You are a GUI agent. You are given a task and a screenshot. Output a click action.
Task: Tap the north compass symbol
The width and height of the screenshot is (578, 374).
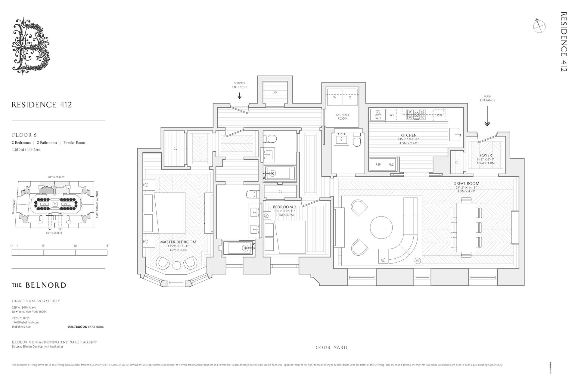[x=539, y=26]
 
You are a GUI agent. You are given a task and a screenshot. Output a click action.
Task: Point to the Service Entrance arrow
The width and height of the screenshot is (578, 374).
[x=240, y=95]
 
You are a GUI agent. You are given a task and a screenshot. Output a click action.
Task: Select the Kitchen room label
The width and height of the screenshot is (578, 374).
[x=408, y=136]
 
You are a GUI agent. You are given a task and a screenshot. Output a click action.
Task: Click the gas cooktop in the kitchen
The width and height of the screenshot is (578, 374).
[x=416, y=114]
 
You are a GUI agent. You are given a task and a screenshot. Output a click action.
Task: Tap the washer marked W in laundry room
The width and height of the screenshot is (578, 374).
[x=334, y=98]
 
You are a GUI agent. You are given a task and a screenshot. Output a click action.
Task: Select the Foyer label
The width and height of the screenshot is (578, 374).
[x=486, y=155]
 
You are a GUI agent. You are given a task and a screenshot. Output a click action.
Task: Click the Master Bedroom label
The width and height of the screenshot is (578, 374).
[x=178, y=242]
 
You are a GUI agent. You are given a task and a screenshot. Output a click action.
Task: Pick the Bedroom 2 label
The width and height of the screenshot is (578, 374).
[x=284, y=207]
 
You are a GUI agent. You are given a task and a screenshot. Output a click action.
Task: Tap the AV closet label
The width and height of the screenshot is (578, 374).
[x=275, y=93]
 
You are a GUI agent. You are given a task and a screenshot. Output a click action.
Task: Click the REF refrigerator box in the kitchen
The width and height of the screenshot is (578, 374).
[x=378, y=165]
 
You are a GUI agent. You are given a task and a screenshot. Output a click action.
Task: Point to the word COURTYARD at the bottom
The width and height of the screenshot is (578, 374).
[x=331, y=348]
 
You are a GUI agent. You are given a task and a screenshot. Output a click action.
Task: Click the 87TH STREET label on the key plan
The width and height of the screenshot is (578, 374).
[x=56, y=177]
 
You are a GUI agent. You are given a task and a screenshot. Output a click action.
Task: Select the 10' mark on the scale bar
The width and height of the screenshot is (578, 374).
[x=75, y=246]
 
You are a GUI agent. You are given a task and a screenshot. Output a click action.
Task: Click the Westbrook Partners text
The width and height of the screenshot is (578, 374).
[x=85, y=327]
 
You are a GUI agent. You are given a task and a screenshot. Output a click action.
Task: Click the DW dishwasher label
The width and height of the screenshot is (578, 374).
[x=440, y=115]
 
